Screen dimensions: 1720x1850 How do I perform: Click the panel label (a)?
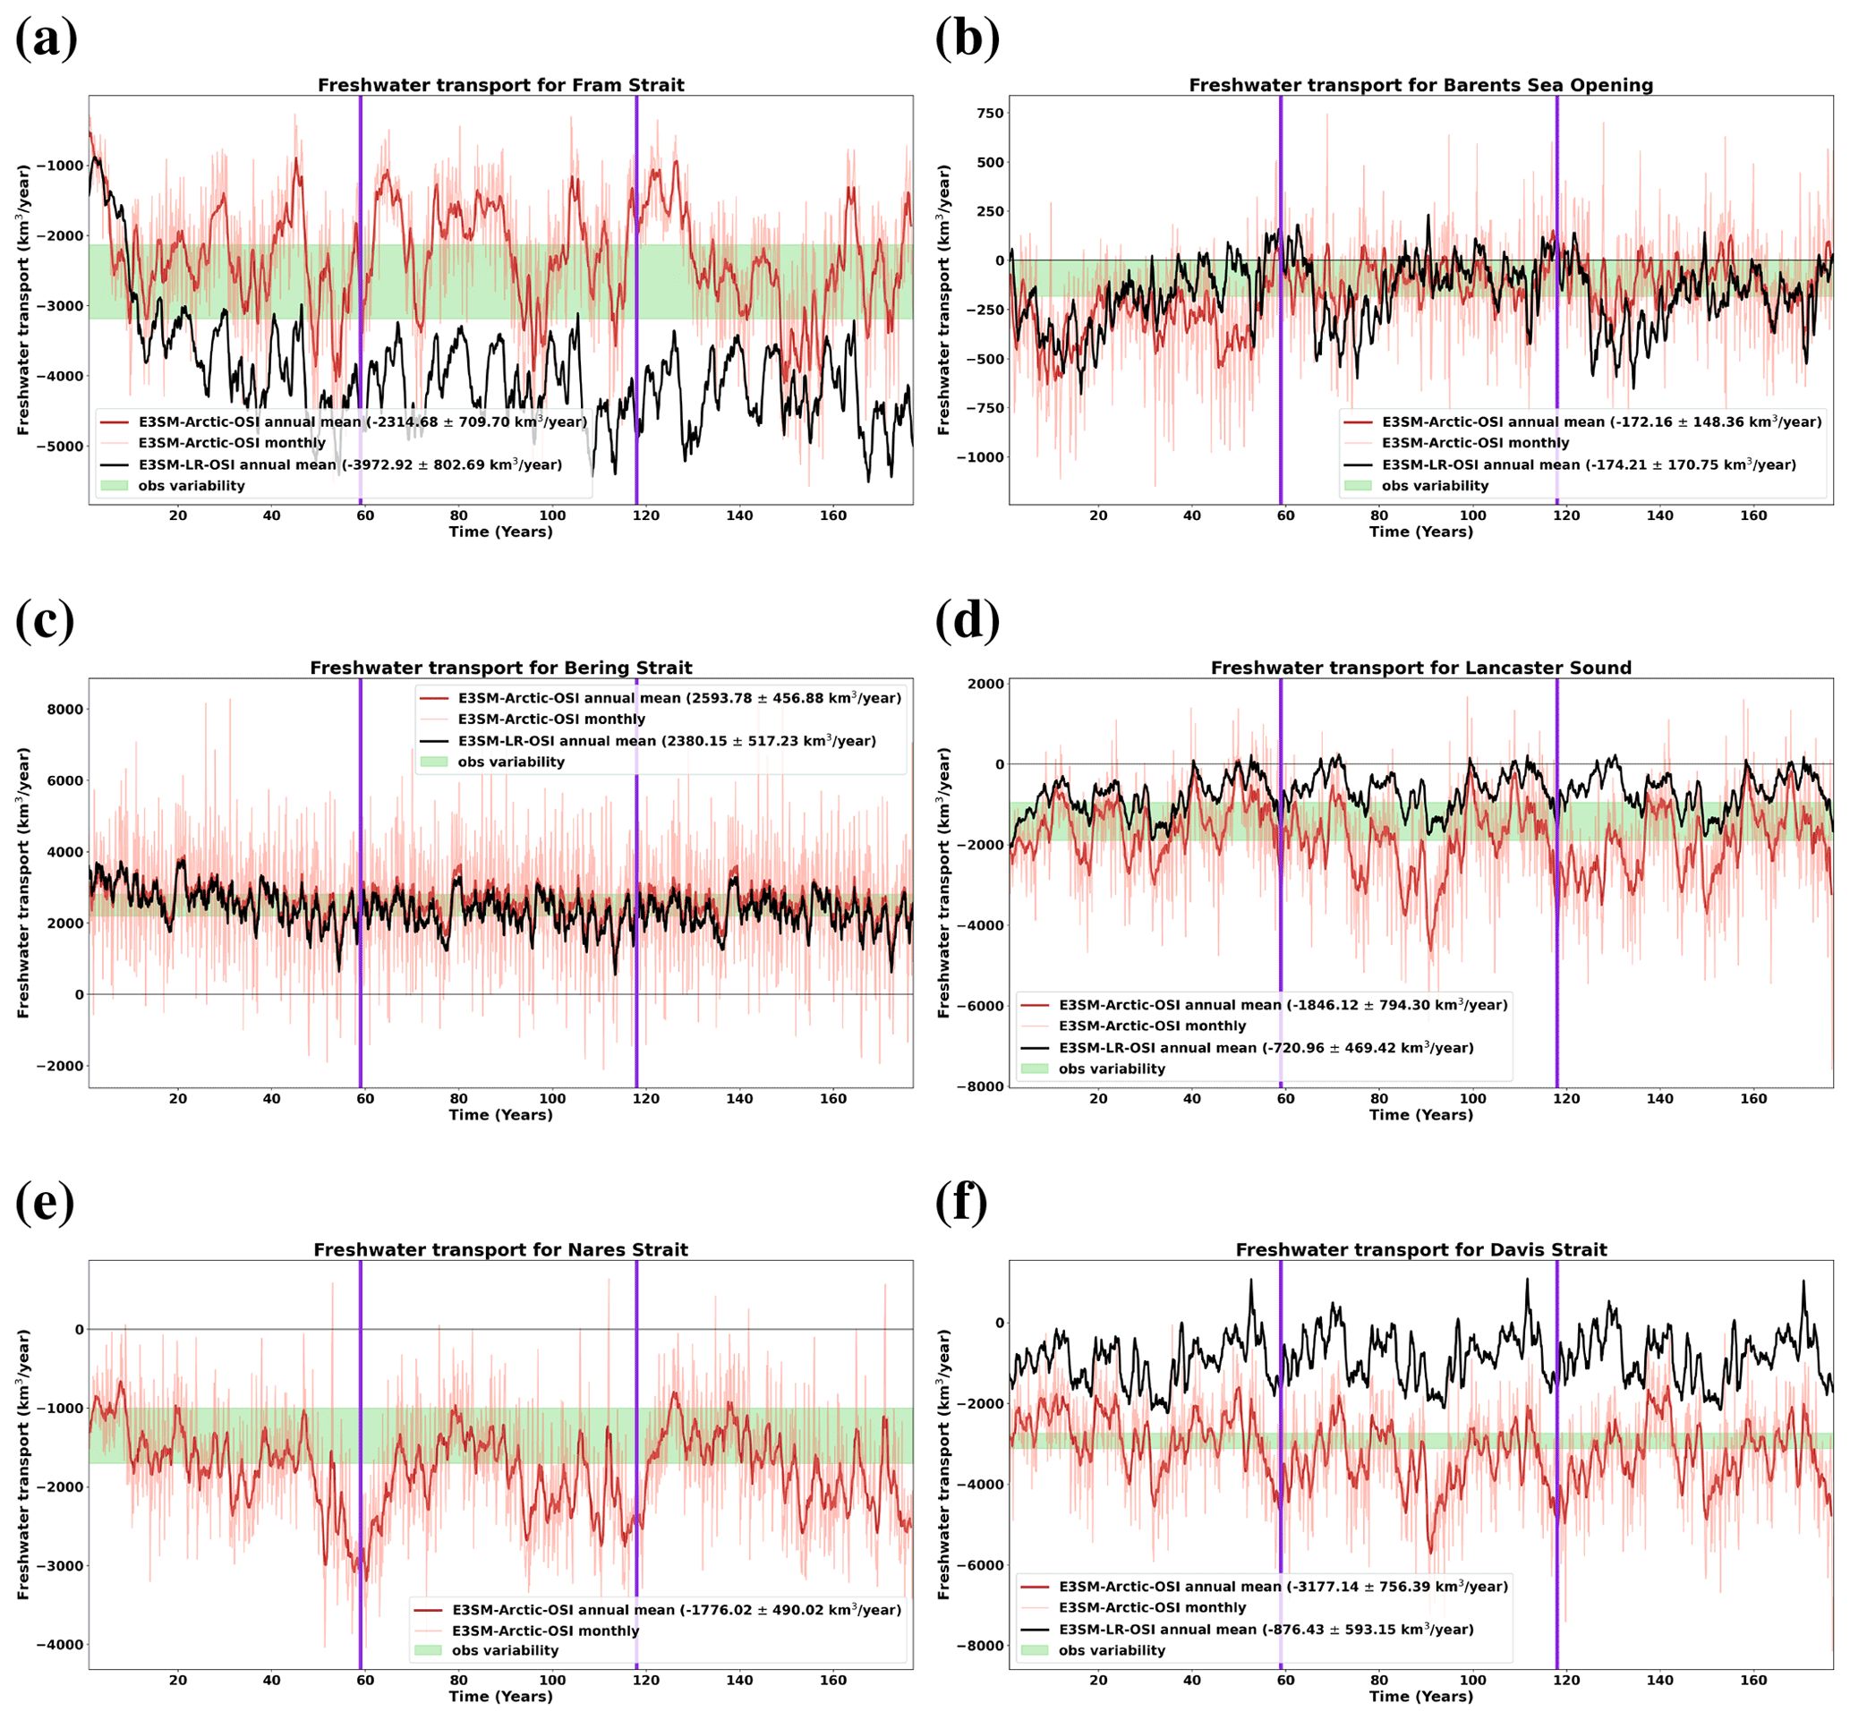click(x=46, y=39)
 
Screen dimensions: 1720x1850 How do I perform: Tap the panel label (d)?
click(x=967, y=620)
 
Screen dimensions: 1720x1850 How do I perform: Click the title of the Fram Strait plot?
click(x=500, y=86)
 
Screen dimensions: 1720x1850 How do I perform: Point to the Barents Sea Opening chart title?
click(x=1420, y=86)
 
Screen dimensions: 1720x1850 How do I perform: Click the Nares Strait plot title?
click(x=500, y=1249)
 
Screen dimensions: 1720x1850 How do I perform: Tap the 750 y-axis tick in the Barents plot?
click(x=989, y=114)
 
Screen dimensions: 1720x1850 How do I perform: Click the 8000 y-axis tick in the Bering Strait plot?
click(x=66, y=710)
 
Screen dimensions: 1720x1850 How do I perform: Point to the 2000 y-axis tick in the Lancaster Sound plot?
click(x=986, y=684)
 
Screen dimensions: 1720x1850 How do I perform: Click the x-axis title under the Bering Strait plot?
click(x=500, y=1114)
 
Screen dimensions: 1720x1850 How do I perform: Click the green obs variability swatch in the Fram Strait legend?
click(x=114, y=486)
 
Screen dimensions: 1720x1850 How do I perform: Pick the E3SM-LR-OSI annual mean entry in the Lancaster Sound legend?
click(x=1266, y=1047)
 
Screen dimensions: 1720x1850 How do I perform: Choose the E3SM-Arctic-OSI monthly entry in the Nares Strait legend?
click(x=545, y=1631)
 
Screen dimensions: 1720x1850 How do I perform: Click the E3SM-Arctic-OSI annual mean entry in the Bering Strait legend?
click(x=678, y=698)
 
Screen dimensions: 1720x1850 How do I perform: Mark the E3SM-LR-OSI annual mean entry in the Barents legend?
click(x=1588, y=464)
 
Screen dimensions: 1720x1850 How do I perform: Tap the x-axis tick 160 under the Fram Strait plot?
click(x=833, y=515)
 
